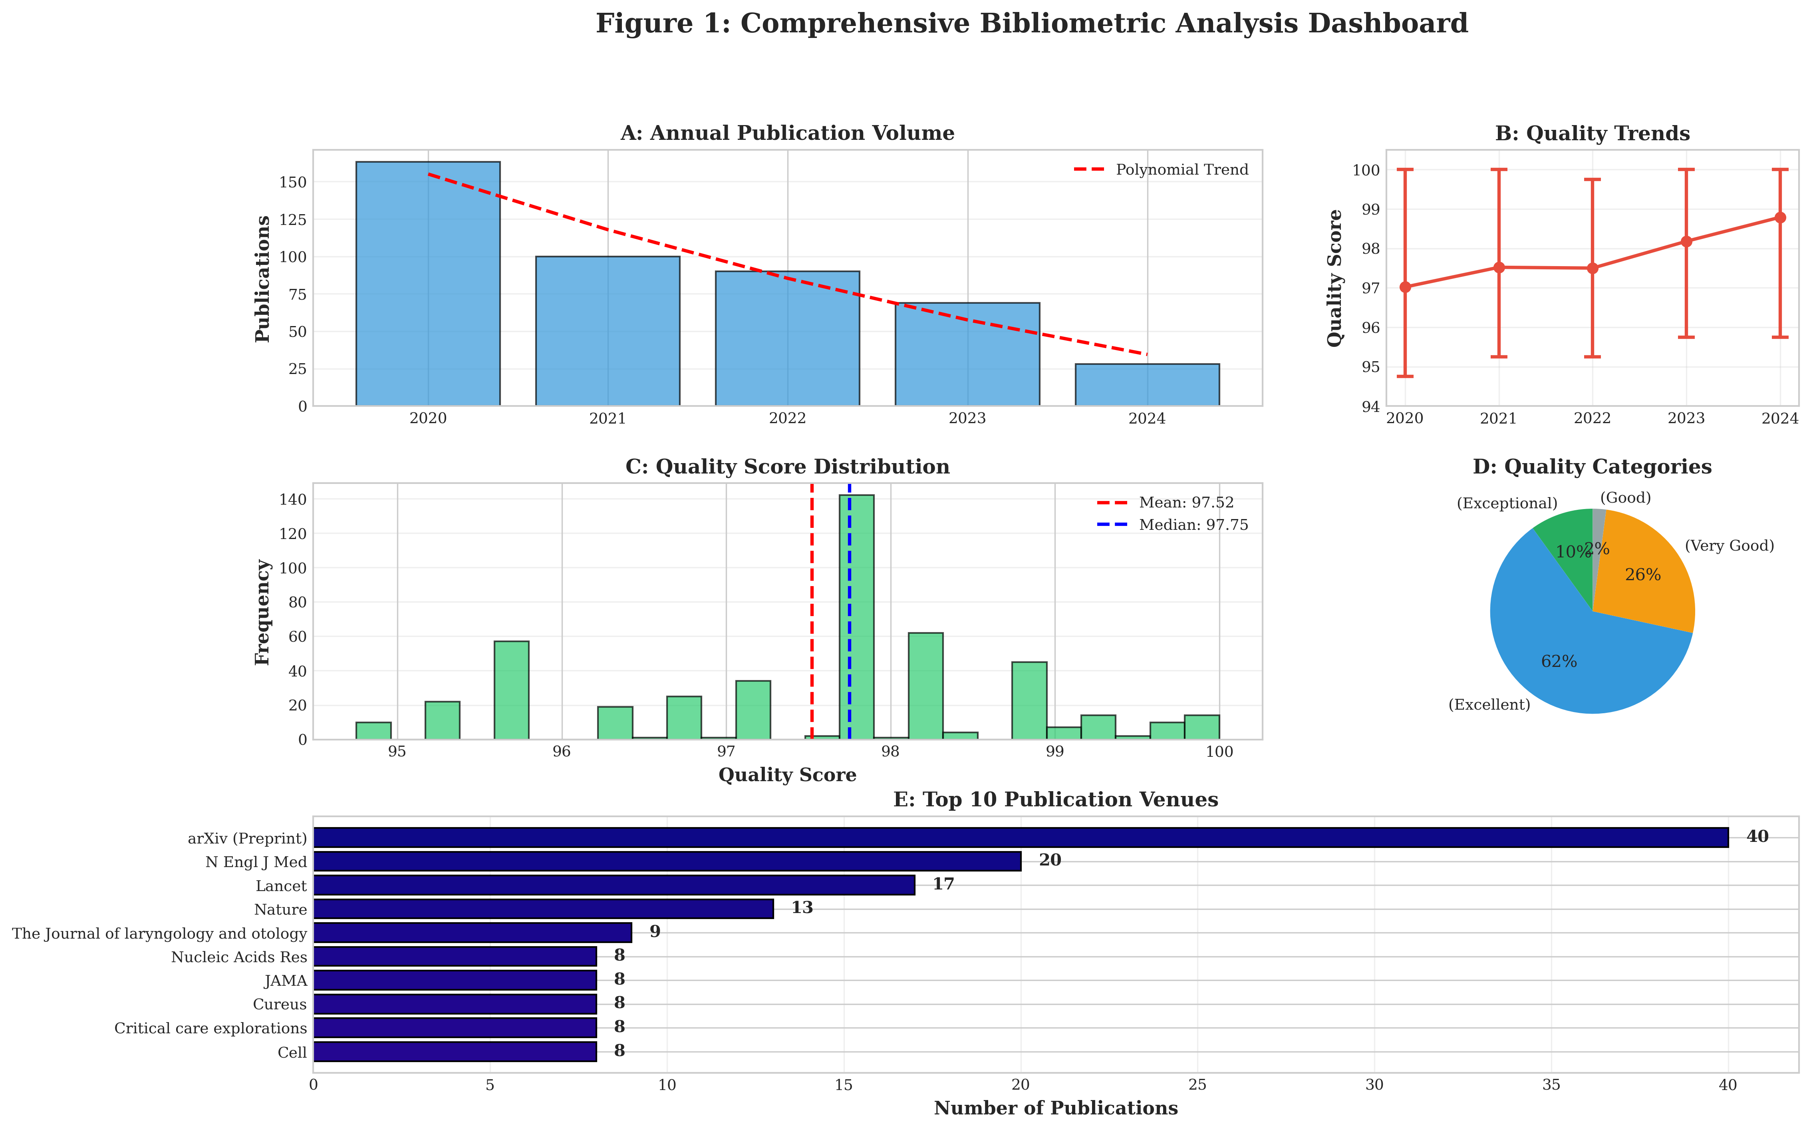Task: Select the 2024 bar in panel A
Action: pyautogui.click(x=1147, y=385)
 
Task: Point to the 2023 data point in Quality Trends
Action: pyautogui.click(x=1686, y=241)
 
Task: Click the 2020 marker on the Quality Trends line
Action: pyautogui.click(x=1405, y=287)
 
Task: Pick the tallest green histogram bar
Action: pyautogui.click(x=856, y=617)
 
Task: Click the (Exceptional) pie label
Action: pyautogui.click(x=1507, y=504)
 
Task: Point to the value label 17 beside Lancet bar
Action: pyautogui.click(x=943, y=884)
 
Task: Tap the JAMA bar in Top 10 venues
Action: pyautogui.click(x=455, y=980)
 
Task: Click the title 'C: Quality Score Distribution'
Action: pyautogui.click(x=787, y=467)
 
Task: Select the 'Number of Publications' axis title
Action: pyautogui.click(x=1056, y=1108)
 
